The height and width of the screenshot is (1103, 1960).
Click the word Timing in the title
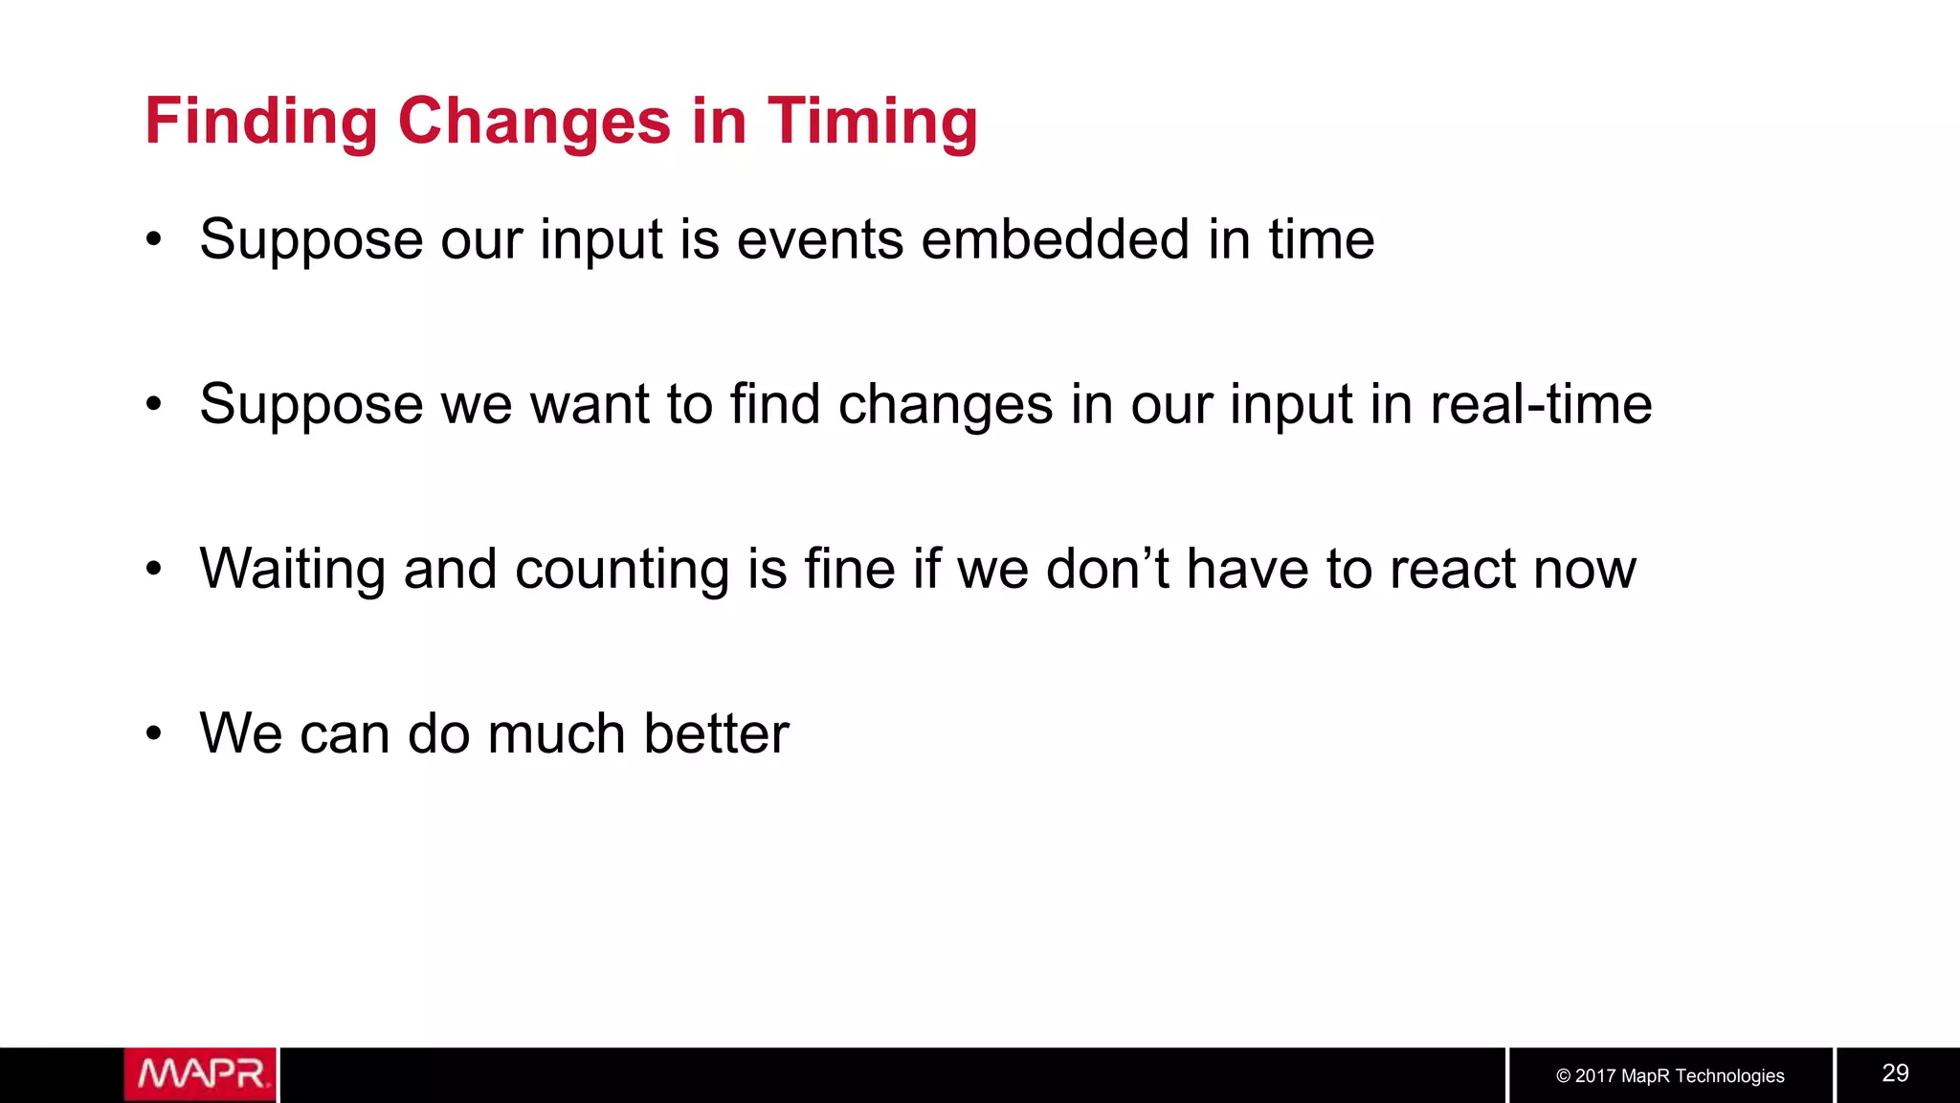872,123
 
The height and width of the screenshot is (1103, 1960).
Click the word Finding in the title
261,123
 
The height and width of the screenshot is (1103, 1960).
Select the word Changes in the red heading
534,123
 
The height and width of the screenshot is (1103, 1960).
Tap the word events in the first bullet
819,239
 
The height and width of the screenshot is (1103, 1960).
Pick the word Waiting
292,570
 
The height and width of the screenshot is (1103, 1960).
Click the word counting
622,570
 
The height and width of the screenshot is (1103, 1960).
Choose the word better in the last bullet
716,734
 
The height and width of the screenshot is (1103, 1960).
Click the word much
556,734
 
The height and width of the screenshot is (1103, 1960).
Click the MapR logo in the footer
200,1074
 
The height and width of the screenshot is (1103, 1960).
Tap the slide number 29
1895,1073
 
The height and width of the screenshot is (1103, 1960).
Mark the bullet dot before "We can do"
154,734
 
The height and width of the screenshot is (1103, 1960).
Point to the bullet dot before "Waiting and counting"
154,570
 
